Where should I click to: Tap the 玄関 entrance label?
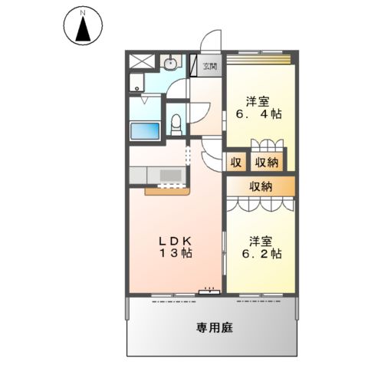click(209, 67)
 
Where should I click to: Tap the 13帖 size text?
click(176, 254)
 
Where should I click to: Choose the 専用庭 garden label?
click(213, 327)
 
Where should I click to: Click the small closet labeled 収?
click(236, 162)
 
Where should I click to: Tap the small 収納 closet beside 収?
click(266, 162)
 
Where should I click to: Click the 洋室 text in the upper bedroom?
click(257, 100)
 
